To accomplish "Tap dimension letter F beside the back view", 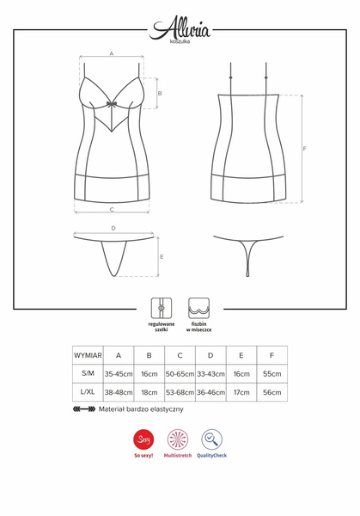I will (x=305, y=149).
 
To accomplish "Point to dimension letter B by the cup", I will (x=161, y=93).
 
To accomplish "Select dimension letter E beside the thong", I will (x=162, y=256).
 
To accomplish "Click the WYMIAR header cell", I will (x=88, y=355).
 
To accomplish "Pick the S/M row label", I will (x=88, y=374).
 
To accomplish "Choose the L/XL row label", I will (x=88, y=392).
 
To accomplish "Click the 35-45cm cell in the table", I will (x=119, y=374).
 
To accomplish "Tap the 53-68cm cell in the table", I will (x=180, y=392).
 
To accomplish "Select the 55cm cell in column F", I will (x=272, y=374).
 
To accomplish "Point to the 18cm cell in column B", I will (x=149, y=392).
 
